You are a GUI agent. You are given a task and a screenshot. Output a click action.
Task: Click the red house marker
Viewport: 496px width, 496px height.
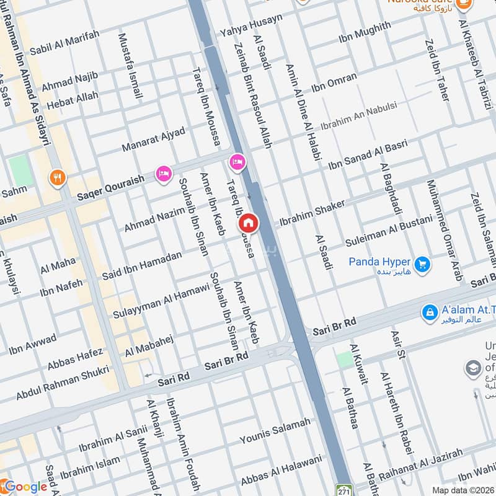(x=249, y=222)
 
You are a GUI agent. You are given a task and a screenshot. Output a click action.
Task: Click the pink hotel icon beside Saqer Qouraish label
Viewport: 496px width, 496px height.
(x=164, y=174)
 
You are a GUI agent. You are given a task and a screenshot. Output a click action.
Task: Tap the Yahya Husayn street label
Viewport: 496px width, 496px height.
(x=251, y=25)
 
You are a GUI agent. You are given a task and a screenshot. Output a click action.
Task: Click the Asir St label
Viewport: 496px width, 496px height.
(x=397, y=345)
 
